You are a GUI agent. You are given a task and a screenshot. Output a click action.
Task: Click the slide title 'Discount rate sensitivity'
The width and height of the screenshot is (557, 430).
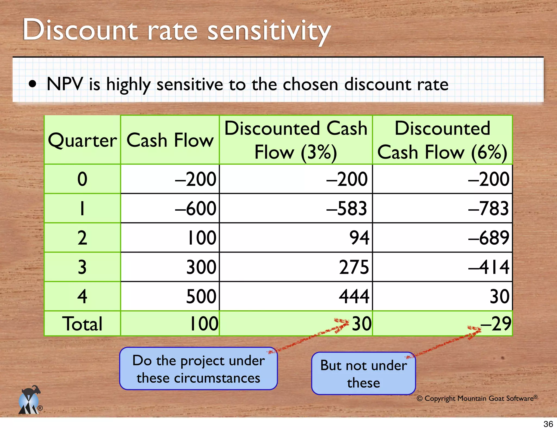click(177, 30)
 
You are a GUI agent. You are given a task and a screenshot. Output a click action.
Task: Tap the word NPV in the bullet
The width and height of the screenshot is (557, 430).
click(65, 84)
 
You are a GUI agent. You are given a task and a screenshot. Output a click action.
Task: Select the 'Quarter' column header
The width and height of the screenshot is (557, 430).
click(82, 140)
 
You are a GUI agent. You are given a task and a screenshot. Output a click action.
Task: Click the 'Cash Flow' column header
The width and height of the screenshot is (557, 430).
click(170, 140)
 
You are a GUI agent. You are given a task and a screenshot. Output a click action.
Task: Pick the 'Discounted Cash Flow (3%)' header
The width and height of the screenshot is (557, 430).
click(296, 140)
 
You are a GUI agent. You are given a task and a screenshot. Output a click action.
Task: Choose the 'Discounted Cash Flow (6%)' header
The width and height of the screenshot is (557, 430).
click(442, 140)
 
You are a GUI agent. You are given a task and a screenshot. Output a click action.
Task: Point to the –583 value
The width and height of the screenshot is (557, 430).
click(347, 208)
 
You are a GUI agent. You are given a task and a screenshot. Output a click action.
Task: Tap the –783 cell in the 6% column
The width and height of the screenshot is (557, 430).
click(488, 208)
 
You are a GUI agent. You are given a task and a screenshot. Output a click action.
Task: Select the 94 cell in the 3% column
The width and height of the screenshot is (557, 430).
click(359, 238)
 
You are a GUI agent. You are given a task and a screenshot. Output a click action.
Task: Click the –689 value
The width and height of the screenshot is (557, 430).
click(488, 238)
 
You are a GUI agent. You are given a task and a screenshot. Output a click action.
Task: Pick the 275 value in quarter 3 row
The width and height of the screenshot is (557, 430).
click(354, 267)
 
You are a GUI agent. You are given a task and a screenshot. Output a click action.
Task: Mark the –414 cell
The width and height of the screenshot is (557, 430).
click(489, 267)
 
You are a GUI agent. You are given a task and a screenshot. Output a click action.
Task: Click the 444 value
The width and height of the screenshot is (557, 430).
click(354, 296)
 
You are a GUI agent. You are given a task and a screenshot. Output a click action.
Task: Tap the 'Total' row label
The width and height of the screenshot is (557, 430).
click(82, 324)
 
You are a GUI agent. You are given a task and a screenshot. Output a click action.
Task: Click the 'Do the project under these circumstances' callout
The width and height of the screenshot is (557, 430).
click(199, 369)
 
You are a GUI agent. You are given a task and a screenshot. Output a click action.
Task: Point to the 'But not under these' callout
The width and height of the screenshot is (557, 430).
click(363, 373)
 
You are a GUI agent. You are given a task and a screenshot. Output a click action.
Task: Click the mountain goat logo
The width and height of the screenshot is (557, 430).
click(30, 400)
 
